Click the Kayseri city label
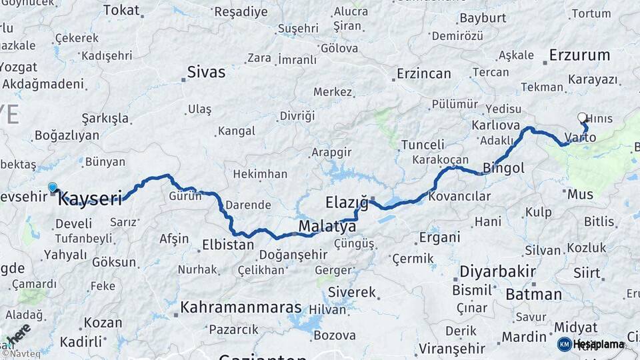click(x=91, y=198)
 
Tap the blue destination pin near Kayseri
click(x=53, y=189)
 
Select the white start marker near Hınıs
click(x=582, y=118)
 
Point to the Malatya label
click(x=327, y=227)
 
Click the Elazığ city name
click(x=347, y=202)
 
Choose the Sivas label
click(x=206, y=72)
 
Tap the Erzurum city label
click(x=579, y=55)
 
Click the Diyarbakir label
click(x=497, y=272)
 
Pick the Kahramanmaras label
click(x=241, y=309)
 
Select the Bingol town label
click(x=503, y=168)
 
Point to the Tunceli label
click(x=423, y=145)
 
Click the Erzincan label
click(x=423, y=73)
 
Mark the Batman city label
click(x=534, y=294)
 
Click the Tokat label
click(x=122, y=10)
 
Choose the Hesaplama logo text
click(x=598, y=345)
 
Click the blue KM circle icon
click(x=565, y=345)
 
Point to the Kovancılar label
click(x=459, y=197)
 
